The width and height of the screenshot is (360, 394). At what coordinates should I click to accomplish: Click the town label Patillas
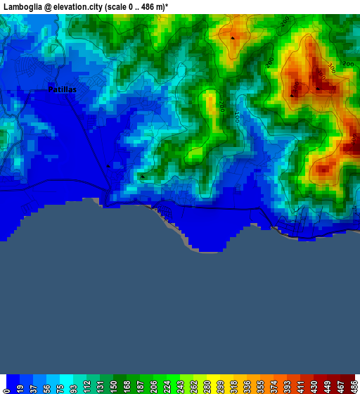pos(62,90)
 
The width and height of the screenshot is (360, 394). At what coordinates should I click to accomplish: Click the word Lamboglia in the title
pos(22,6)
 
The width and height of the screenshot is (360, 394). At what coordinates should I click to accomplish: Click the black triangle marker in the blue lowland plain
pos(108,166)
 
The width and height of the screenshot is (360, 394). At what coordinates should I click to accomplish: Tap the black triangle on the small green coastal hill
pos(142,177)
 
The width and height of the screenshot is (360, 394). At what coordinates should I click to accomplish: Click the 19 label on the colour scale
pos(20,386)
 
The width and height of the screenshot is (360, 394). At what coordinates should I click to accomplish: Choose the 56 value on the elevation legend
pos(46,386)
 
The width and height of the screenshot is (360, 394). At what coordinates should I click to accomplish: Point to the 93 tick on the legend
pos(73,386)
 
